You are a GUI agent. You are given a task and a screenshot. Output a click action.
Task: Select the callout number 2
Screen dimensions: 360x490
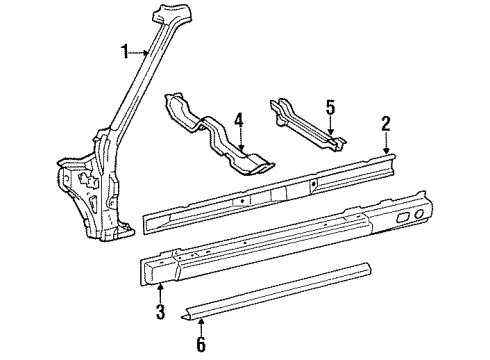[x=385, y=125]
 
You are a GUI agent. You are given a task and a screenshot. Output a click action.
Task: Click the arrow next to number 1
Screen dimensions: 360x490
[x=141, y=51]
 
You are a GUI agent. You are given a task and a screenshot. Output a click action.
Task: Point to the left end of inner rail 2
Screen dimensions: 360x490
[x=152, y=214]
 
